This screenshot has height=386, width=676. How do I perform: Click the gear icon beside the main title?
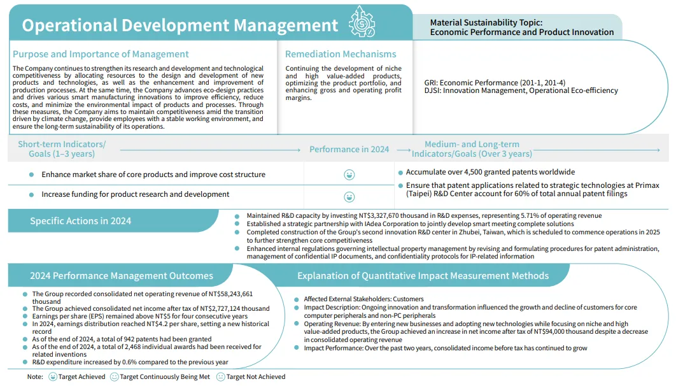[362, 24]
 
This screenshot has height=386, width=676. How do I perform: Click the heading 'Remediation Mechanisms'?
[341, 54]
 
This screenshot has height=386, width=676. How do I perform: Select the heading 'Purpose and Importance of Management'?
[101, 54]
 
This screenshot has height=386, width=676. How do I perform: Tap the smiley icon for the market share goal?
[349, 175]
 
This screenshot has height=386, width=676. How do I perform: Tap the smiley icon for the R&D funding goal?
[349, 197]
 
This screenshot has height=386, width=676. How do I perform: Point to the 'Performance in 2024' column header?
[349, 149]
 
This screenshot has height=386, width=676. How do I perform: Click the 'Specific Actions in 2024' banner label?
[81, 221]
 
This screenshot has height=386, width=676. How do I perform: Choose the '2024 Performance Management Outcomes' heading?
[122, 276]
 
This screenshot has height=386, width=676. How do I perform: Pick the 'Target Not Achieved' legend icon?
[220, 376]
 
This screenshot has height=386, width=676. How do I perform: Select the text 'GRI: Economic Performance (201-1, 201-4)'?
[495, 83]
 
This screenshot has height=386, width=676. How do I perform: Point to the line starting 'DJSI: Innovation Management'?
[521, 90]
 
